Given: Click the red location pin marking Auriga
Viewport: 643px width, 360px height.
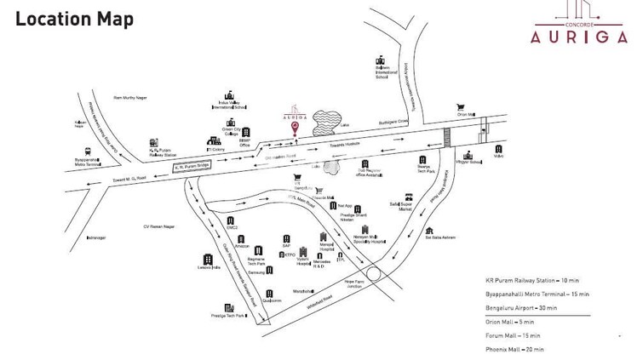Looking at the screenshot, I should (x=295, y=129).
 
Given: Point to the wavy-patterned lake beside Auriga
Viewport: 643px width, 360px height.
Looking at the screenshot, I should (x=324, y=122).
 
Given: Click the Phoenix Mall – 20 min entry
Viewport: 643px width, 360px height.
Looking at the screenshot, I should (x=514, y=349).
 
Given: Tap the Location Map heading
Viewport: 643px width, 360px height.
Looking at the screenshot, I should (x=75, y=19).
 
